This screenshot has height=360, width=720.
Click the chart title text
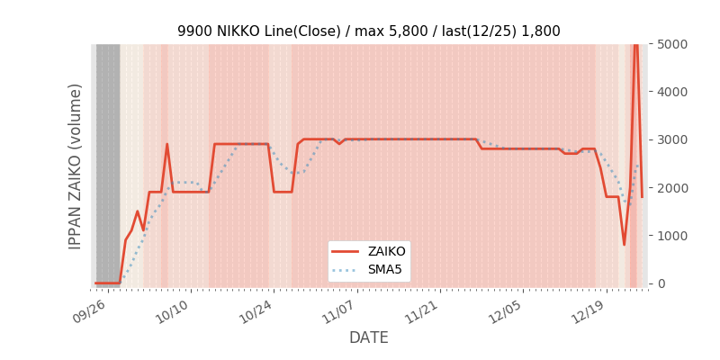(x=368, y=31)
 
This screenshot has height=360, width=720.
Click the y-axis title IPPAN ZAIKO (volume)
(x=76, y=166)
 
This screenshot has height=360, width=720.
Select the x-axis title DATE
(x=369, y=337)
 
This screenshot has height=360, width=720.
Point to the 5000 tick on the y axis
(x=672, y=44)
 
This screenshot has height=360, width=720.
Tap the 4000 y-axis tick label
(x=672, y=92)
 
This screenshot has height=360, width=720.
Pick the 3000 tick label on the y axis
(x=672, y=139)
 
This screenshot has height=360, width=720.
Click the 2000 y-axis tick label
(x=672, y=188)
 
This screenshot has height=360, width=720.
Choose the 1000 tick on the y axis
(x=672, y=236)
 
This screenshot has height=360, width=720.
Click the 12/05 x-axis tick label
(x=504, y=310)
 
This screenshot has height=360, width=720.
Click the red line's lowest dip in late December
(x=624, y=245)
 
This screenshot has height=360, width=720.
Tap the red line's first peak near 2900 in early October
(x=166, y=144)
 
